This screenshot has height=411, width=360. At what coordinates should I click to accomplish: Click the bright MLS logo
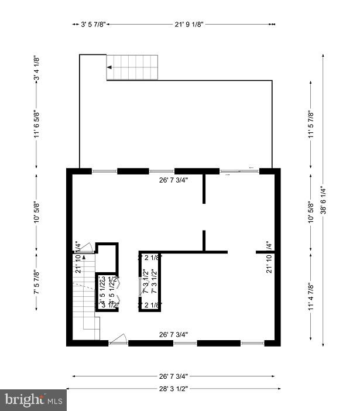[33, 400]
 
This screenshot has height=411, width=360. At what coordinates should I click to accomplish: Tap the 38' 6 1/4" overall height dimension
[323, 199]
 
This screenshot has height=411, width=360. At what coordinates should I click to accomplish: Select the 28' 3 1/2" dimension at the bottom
[173, 388]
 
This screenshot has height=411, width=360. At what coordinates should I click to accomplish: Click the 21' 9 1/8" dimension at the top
[188, 25]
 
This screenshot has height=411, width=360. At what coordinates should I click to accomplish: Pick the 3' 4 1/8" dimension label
[36, 71]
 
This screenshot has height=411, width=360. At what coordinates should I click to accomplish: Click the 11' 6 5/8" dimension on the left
[36, 124]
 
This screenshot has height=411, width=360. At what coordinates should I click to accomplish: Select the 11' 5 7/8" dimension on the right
[311, 124]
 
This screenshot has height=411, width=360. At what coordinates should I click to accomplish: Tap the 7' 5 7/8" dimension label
[36, 282]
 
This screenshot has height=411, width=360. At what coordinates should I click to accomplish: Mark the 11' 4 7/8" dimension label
[311, 297]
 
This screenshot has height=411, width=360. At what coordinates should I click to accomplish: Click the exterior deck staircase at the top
[133, 67]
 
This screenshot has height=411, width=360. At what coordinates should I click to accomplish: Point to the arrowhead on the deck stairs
[109, 67]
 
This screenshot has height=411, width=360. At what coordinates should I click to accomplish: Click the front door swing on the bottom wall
[119, 338]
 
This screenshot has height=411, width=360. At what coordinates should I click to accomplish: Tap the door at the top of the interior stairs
[85, 248]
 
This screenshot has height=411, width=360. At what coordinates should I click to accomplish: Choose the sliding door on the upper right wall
[239, 171]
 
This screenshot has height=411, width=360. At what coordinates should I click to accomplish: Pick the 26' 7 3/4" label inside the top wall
[173, 180]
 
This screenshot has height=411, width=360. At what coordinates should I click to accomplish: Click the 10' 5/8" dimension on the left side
[36, 211]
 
